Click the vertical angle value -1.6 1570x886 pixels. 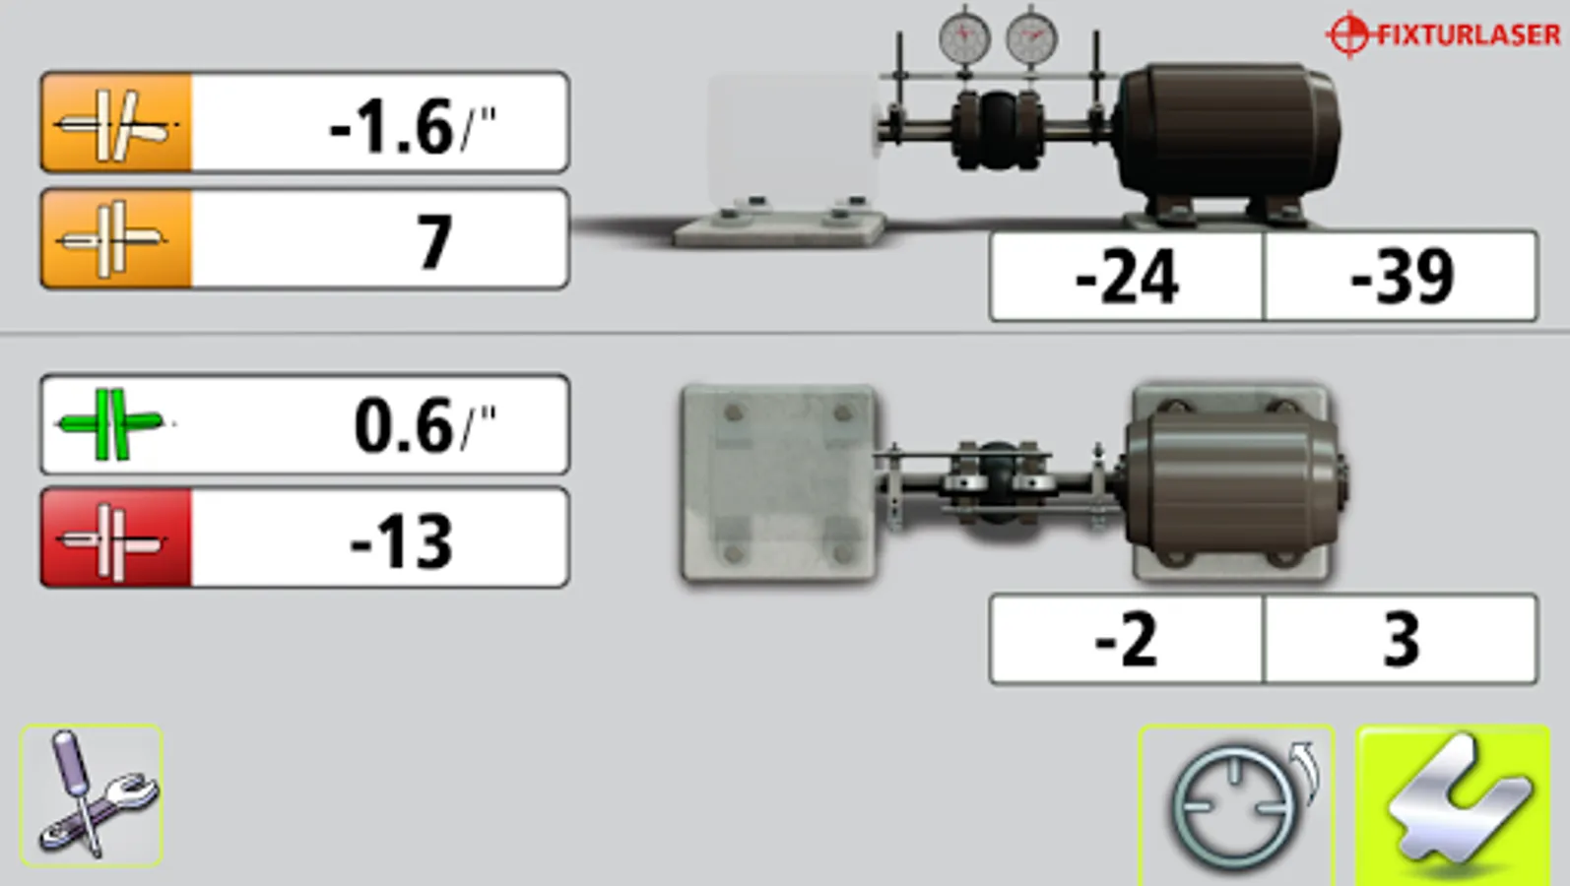(390, 127)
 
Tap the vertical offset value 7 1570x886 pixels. (434, 242)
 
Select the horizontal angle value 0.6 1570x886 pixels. (403, 426)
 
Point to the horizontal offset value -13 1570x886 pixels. (401, 540)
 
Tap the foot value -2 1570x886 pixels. (1127, 639)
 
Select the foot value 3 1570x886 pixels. (1402, 639)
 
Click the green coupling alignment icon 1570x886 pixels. (112, 424)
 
